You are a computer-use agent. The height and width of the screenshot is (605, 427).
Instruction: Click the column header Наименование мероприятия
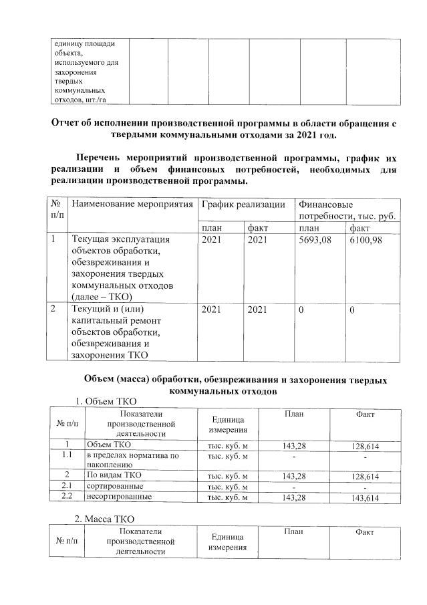point(132,203)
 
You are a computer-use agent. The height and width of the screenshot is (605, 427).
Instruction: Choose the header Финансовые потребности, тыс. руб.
point(347,209)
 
